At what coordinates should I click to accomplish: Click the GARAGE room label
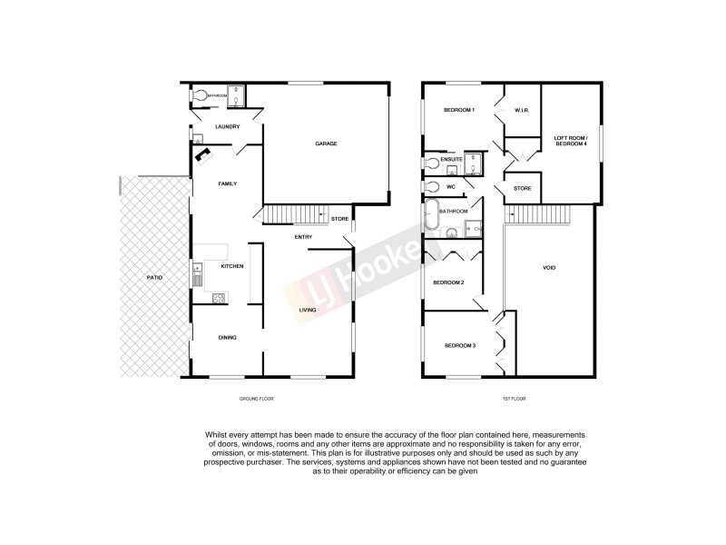(x=326, y=144)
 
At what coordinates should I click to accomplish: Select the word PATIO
(x=155, y=276)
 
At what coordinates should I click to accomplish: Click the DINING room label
(x=227, y=338)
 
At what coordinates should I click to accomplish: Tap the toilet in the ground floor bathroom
(x=200, y=94)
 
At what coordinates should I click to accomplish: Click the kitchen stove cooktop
(x=218, y=297)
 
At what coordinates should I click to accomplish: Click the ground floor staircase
(x=296, y=214)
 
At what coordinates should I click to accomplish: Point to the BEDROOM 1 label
(x=457, y=110)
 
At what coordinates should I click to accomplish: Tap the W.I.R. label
(x=521, y=110)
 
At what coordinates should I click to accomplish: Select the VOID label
(x=548, y=267)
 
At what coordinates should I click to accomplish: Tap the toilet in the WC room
(x=431, y=188)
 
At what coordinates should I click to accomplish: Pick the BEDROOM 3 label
(x=458, y=345)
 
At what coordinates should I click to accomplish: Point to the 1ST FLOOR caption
(x=513, y=399)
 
